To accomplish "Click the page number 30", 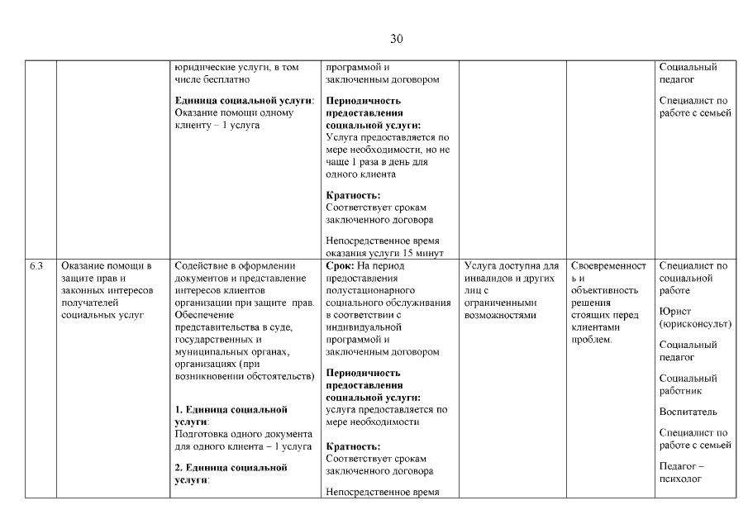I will click(396, 39).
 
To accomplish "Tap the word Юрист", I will click(675, 312).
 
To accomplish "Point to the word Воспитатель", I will click(688, 412).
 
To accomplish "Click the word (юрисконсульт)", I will click(693, 324).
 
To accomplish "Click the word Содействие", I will click(202, 266).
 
